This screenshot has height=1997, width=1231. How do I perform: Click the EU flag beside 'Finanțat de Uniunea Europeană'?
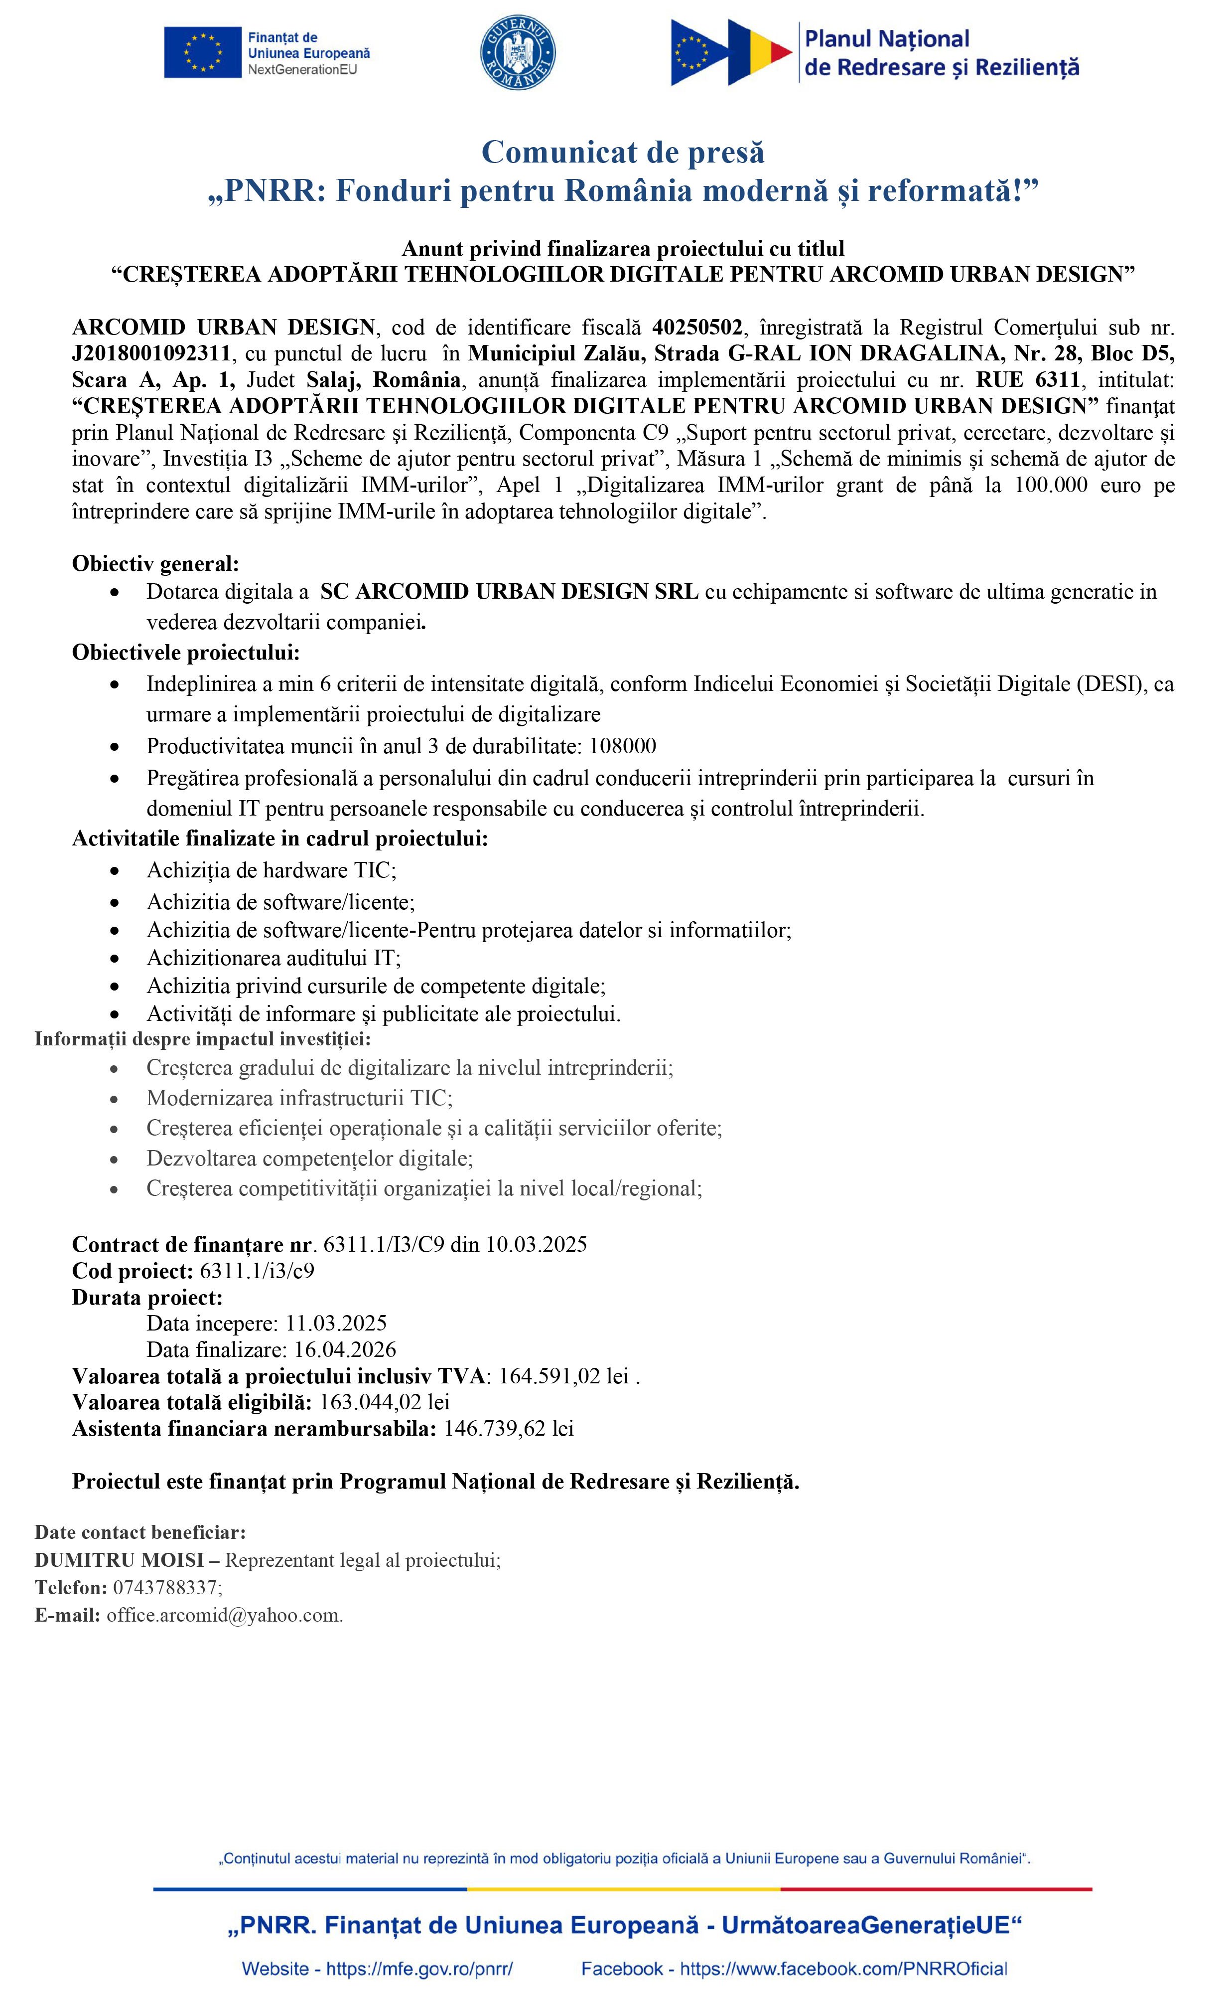coord(203,53)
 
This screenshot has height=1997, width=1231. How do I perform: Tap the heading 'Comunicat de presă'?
coord(623,153)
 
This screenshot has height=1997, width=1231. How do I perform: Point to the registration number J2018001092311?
coord(151,353)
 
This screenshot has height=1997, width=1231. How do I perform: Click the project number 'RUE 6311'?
coord(1028,379)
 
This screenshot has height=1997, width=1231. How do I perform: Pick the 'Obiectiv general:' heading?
coord(155,564)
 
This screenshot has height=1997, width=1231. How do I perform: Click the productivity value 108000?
coord(622,746)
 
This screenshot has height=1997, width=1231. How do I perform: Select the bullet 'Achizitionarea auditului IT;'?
coord(274,958)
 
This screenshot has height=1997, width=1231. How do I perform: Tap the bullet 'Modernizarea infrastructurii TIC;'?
coord(299,1098)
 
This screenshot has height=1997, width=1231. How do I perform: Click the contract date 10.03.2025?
coord(537,1244)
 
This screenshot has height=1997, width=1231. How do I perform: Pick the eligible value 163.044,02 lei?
coord(384,1402)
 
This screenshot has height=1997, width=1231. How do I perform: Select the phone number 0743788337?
coord(165,1587)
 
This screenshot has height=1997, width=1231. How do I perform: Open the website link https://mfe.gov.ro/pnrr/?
coord(419,1969)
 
